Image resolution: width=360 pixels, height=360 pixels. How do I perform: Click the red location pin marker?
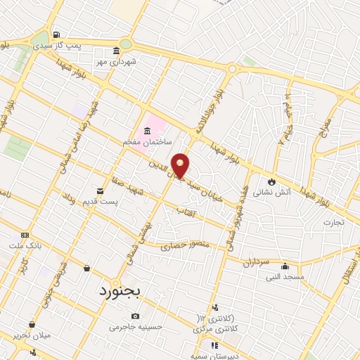tap(181, 166)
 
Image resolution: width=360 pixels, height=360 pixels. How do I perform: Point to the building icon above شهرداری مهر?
tap(117, 51)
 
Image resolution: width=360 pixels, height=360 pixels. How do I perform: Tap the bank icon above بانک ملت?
tap(25, 235)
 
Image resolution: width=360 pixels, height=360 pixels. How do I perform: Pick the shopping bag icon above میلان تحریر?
tap(32, 325)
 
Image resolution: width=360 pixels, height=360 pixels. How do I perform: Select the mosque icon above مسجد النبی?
tap(285, 266)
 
